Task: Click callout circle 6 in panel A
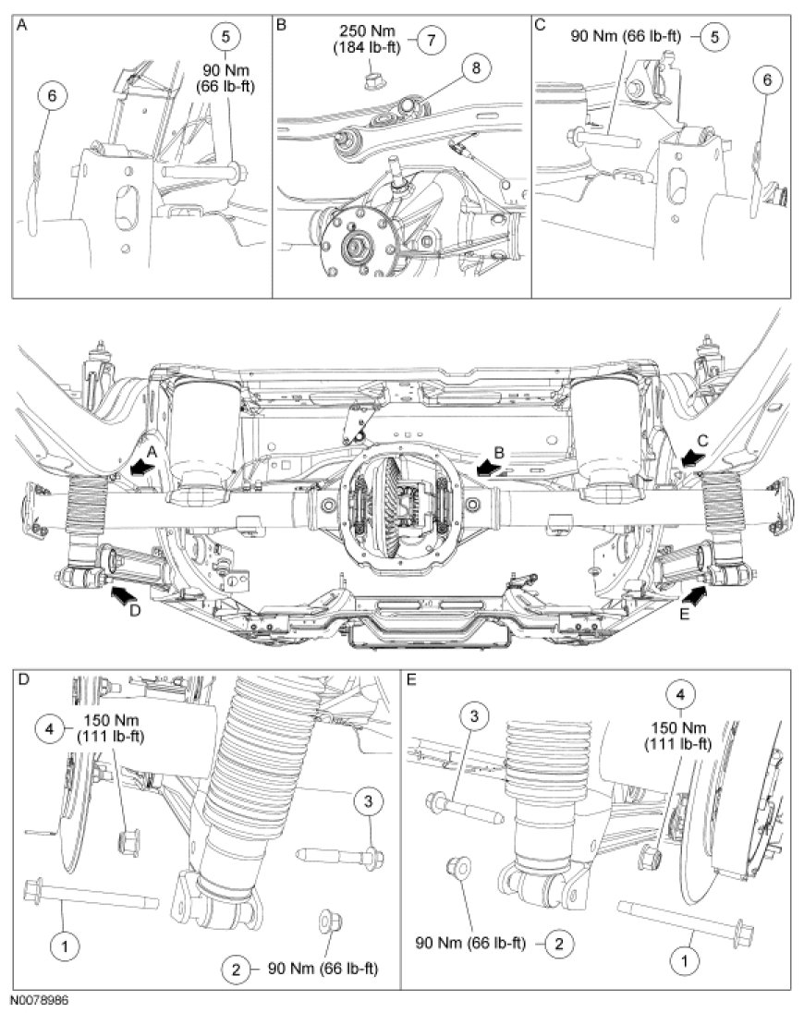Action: [x=53, y=95]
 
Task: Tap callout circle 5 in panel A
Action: [x=225, y=36]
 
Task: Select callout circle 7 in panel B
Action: [x=431, y=40]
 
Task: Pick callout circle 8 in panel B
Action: [x=476, y=67]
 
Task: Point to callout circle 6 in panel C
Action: [x=767, y=79]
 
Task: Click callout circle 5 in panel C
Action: [x=715, y=36]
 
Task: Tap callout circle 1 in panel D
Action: [x=65, y=947]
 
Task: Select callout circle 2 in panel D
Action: [x=237, y=969]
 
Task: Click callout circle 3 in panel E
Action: [x=475, y=715]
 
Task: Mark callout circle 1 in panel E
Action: [x=686, y=960]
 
